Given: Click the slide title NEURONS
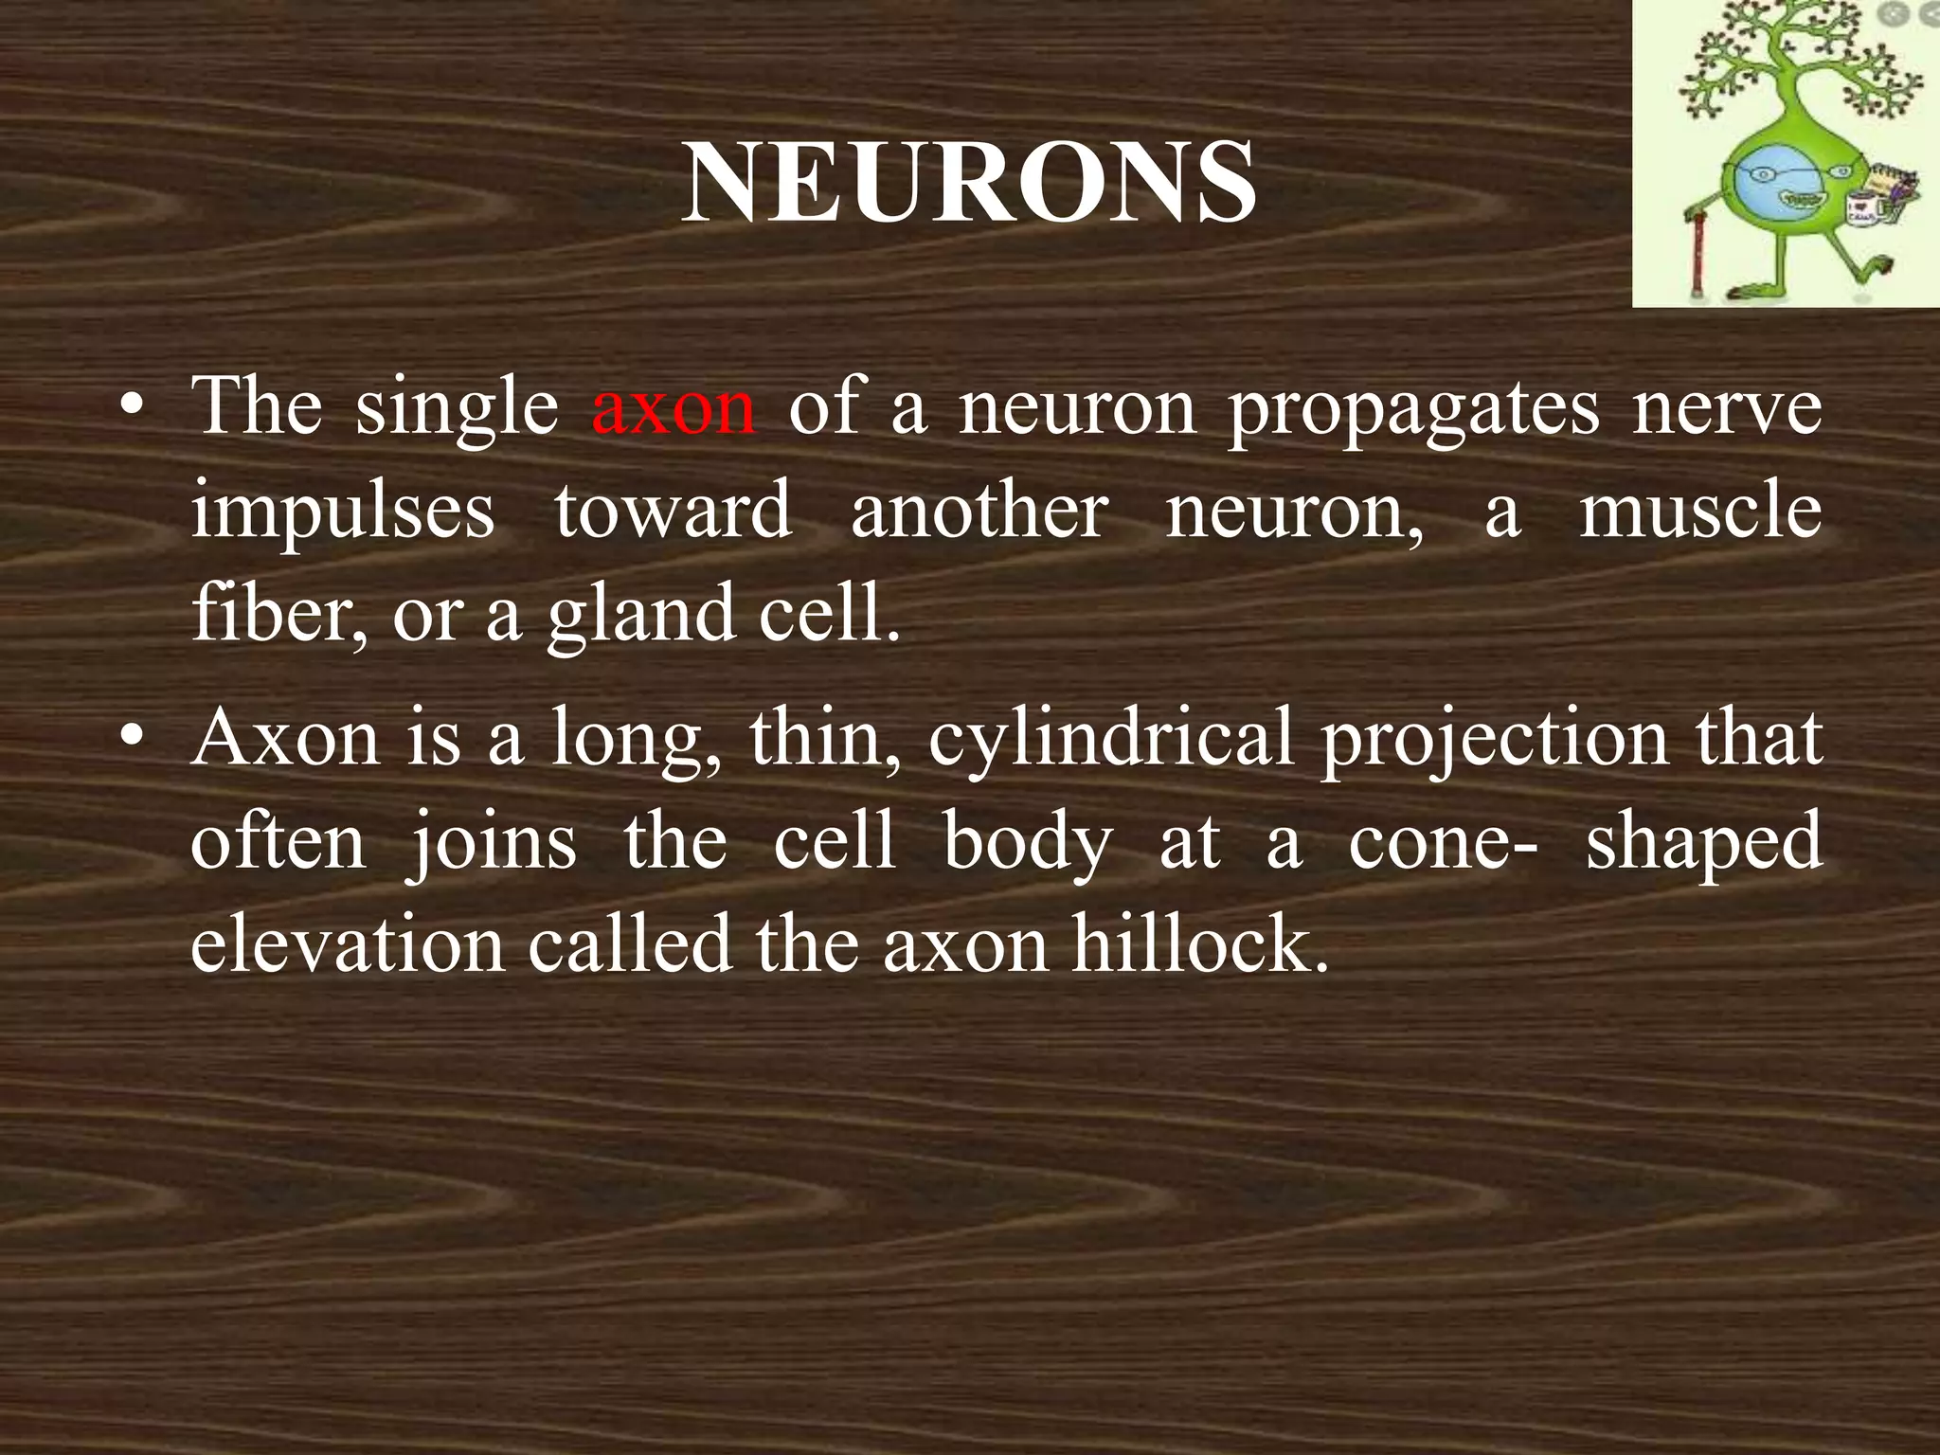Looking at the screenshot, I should [969, 182].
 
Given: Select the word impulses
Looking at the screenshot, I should [343, 512].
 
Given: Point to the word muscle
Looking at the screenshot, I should [1700, 511].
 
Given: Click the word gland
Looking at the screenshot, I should [642, 614].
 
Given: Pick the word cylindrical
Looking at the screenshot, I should [1110, 740].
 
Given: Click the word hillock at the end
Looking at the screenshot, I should [1200, 944].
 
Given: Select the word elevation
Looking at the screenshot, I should [348, 944].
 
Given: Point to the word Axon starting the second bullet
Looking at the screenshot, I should [286, 738].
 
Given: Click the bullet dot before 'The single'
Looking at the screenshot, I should [134, 409].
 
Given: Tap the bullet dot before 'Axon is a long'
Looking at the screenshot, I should [134, 738].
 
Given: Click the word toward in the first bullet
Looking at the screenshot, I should [673, 511].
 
